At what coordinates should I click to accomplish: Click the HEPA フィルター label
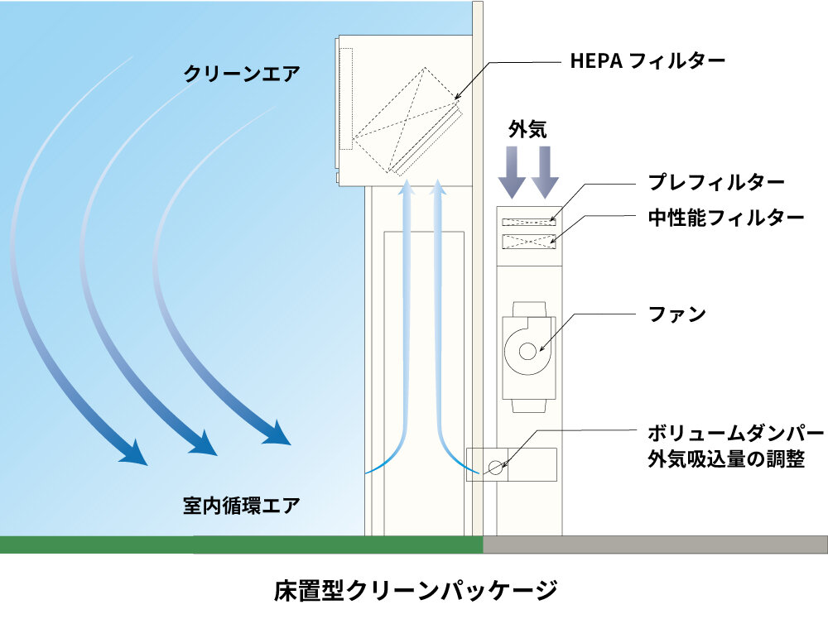point(647,60)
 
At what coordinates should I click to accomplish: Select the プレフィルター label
point(715,182)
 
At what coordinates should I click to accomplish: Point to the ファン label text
point(677,314)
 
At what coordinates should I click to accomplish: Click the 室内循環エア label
point(241,504)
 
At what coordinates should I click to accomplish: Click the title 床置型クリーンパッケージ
point(414,591)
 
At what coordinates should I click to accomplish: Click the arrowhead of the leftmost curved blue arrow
point(132,453)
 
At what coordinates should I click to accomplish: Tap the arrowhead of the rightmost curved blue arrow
point(277,433)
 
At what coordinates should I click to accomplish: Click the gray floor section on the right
point(654,544)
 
